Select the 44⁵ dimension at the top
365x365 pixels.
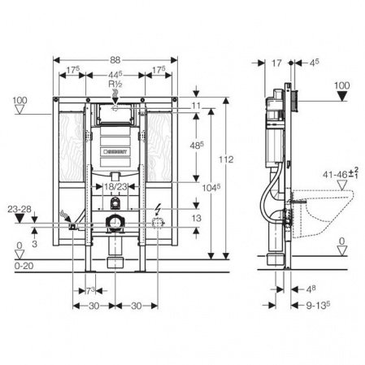[x=115, y=73]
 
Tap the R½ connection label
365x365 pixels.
[x=115, y=85]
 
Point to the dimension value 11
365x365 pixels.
[x=196, y=106]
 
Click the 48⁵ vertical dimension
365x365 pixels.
[x=196, y=145]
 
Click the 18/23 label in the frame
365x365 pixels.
[x=116, y=187]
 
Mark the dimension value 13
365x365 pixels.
[x=196, y=217]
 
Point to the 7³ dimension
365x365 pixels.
[x=91, y=290]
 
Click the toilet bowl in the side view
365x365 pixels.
[x=325, y=213]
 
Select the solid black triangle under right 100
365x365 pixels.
[x=342, y=101]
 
